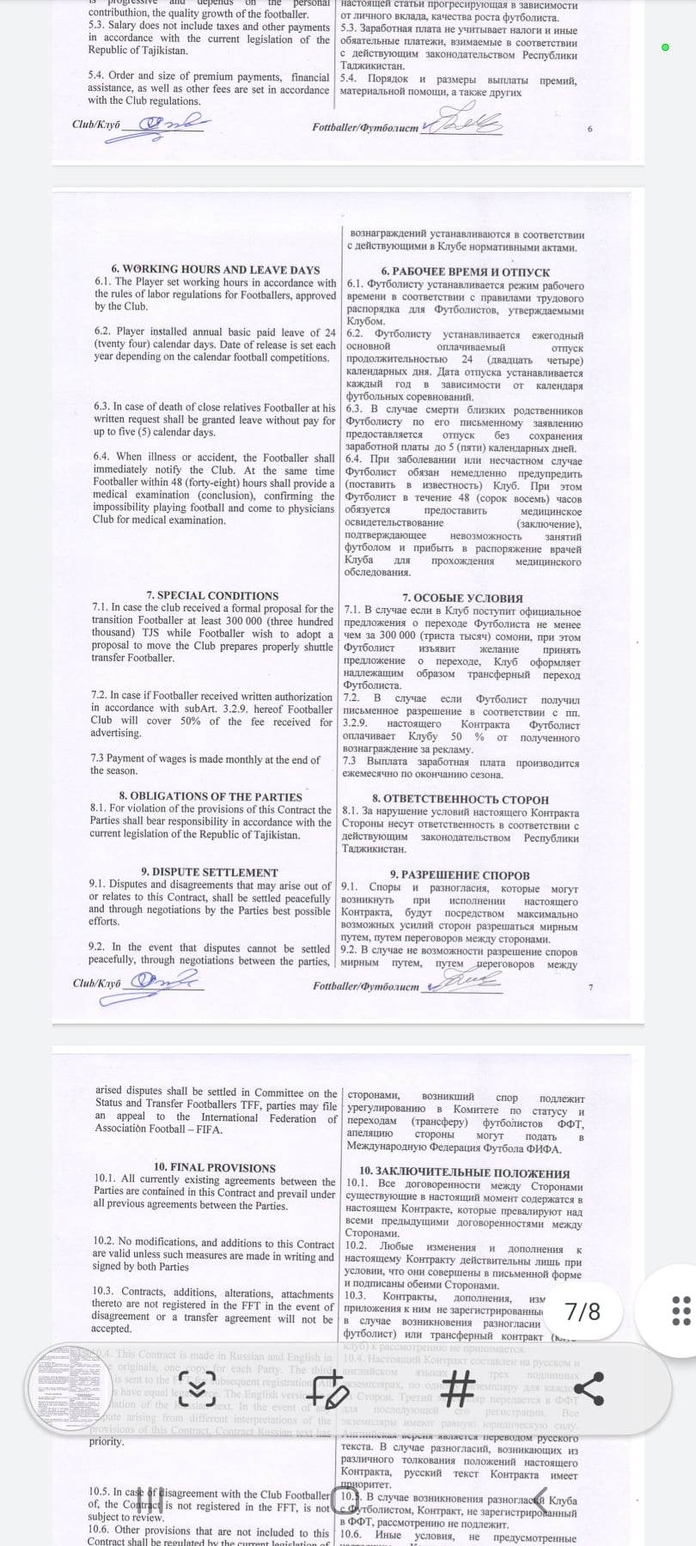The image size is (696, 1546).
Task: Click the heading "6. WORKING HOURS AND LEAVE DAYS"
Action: (215, 269)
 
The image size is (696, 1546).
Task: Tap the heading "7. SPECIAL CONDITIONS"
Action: (212, 595)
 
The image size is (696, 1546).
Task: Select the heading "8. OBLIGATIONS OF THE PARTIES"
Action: (211, 796)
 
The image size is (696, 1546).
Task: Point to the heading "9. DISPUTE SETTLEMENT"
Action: (210, 872)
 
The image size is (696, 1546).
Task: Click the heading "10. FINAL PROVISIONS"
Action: (215, 1167)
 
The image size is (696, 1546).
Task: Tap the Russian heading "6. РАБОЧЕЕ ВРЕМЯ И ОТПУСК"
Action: (465, 271)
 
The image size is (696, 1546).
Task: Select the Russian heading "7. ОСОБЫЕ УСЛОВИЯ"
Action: (462, 598)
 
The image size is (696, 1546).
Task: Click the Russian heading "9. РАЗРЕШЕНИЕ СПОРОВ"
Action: (460, 875)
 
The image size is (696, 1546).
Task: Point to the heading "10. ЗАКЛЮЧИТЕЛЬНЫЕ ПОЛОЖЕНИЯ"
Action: (464, 1172)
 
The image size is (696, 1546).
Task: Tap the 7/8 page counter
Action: (583, 1312)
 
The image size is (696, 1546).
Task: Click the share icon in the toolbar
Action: (589, 1388)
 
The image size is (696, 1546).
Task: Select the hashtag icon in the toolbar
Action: (458, 1388)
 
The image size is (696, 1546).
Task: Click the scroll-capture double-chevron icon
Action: (198, 1388)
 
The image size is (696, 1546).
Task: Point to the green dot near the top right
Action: (665, 47)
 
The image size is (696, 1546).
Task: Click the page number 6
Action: (590, 129)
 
